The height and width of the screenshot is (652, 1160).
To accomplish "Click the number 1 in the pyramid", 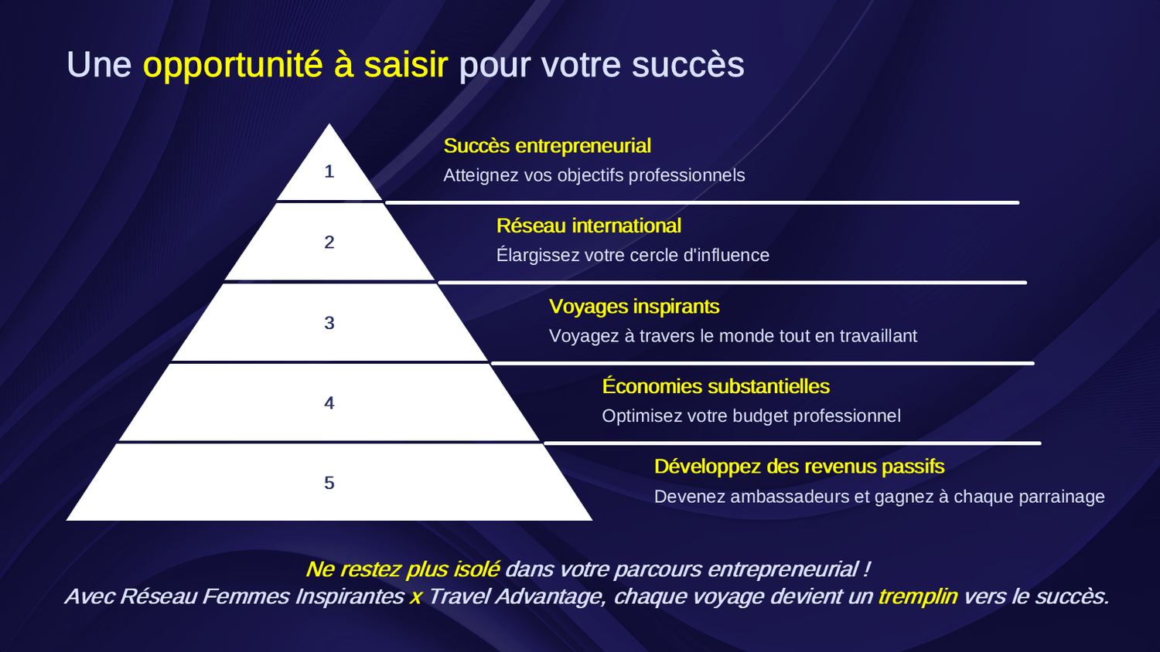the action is [x=329, y=171].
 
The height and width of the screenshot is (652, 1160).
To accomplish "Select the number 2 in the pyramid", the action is [x=329, y=242].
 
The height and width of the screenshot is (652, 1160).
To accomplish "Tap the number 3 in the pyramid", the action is [x=329, y=323].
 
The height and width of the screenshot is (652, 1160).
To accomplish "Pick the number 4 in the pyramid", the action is [x=329, y=403].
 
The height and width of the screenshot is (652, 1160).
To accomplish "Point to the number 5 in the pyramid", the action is [x=329, y=483].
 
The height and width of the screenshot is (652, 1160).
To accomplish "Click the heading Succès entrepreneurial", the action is [x=547, y=146].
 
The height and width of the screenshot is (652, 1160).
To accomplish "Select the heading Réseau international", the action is [x=589, y=226].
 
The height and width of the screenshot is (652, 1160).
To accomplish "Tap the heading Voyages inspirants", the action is [x=634, y=307].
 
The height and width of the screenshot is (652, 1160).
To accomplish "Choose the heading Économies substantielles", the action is [x=715, y=386].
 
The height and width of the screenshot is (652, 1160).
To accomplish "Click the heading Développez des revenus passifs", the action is [x=799, y=467].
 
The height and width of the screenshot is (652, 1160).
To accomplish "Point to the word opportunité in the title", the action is [x=233, y=65].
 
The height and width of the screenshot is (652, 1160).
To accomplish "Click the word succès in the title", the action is [x=687, y=65].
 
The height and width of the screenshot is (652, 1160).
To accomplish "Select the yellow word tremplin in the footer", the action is [x=918, y=596].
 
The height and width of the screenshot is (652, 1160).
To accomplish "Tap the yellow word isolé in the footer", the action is [x=476, y=569].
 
